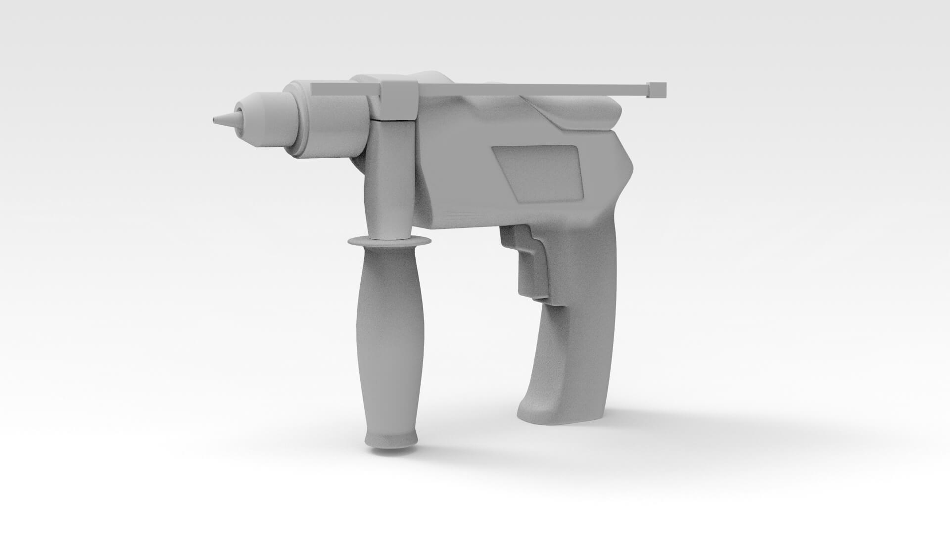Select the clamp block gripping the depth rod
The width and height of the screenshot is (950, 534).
pyautogui.click(x=399, y=100)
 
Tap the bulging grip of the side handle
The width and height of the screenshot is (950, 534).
pyautogui.click(x=390, y=336)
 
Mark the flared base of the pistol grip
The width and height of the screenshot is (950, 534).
pyautogui.click(x=559, y=413)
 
